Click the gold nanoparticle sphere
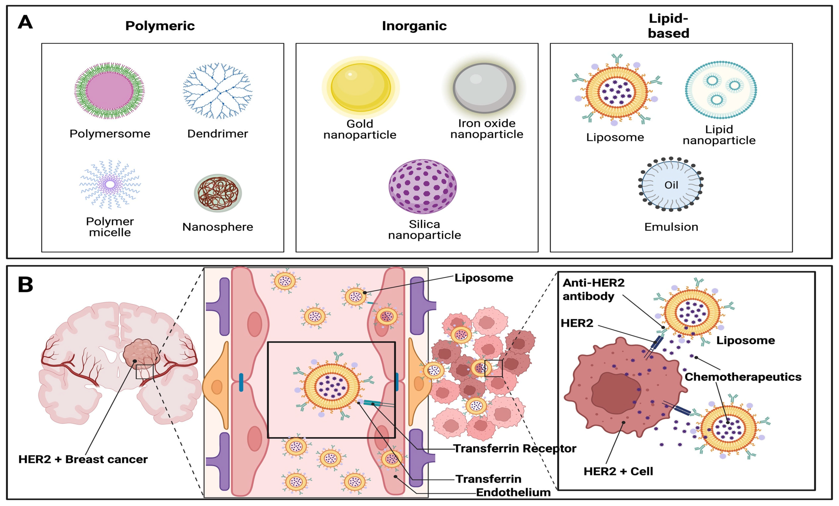coord(361,87)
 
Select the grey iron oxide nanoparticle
coord(484,88)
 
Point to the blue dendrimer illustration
coord(217,91)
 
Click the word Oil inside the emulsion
coord(671,185)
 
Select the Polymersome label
coord(110,134)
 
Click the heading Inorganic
coord(414,26)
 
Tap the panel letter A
coord(25,22)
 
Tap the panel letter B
coord(25,285)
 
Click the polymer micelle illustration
coord(110,184)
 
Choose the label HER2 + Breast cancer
coord(83,459)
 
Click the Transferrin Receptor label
coord(514,448)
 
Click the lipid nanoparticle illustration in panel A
coord(721,90)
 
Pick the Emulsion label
coord(671,227)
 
